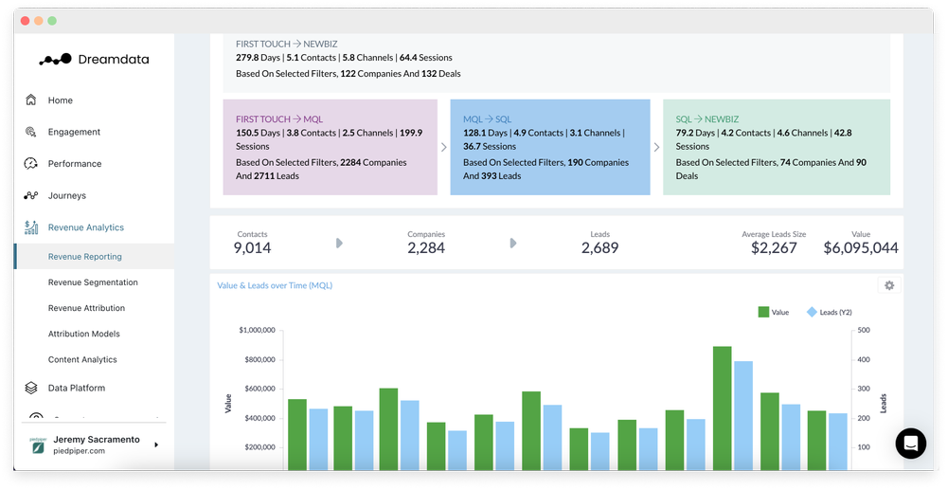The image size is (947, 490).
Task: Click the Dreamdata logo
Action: pyautogui.click(x=93, y=59)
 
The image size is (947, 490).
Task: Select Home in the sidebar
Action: pyautogui.click(x=60, y=100)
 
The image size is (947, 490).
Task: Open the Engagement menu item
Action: pyautogui.click(x=74, y=132)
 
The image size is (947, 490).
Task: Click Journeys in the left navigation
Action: pyautogui.click(x=66, y=195)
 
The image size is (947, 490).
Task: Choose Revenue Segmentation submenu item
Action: pyautogui.click(x=93, y=282)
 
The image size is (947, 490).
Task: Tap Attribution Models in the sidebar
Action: pyautogui.click(x=83, y=334)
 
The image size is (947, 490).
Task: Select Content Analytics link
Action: pyautogui.click(x=82, y=359)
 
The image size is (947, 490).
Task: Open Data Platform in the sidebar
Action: pyautogui.click(x=76, y=388)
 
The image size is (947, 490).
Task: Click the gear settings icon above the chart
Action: pyautogui.click(x=888, y=285)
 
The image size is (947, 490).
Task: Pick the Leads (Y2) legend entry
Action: pyautogui.click(x=829, y=312)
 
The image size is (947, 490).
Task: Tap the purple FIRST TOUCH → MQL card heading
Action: pyautogui.click(x=279, y=119)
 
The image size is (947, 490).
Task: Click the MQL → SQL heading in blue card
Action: pyautogui.click(x=487, y=119)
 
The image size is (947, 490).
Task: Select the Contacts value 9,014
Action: pyautogui.click(x=252, y=248)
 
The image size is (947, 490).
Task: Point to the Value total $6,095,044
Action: pyautogui.click(x=860, y=248)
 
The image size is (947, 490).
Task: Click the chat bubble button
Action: pyautogui.click(x=910, y=443)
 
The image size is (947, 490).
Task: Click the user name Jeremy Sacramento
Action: pyautogui.click(x=98, y=440)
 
